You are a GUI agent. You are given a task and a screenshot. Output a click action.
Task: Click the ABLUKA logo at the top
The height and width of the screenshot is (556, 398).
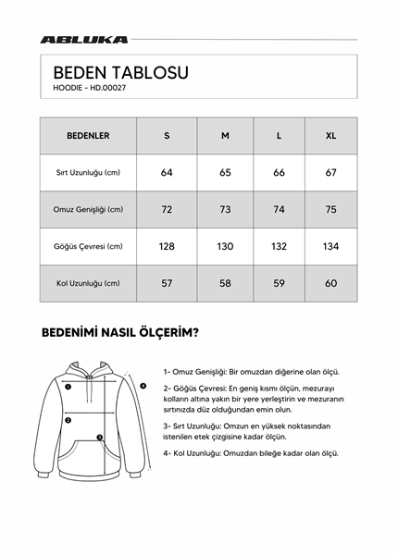(84, 40)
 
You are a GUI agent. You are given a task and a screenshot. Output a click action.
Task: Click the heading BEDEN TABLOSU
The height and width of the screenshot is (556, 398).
(120, 72)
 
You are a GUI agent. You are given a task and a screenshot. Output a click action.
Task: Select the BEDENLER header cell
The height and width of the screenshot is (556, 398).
(88, 136)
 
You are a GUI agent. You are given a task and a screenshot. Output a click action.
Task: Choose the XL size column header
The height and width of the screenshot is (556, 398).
(331, 136)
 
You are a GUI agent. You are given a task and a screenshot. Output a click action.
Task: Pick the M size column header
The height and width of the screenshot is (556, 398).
(224, 136)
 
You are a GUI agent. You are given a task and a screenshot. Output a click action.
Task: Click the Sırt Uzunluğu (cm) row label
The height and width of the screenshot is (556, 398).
(88, 173)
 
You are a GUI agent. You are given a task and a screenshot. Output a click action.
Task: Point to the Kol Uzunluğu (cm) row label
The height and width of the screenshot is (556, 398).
(88, 283)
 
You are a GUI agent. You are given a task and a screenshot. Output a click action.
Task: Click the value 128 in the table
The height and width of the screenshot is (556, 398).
(167, 247)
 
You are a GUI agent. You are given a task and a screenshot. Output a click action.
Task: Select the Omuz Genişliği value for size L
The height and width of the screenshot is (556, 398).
(280, 210)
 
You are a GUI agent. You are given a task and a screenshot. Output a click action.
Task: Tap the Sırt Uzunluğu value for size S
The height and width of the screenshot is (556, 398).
(167, 173)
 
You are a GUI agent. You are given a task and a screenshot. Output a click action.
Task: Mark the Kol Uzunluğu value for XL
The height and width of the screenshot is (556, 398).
(331, 283)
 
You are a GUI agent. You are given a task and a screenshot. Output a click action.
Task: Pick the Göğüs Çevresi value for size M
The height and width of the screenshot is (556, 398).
(225, 247)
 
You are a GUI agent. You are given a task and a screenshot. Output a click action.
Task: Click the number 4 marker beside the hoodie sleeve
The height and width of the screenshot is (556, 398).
(143, 385)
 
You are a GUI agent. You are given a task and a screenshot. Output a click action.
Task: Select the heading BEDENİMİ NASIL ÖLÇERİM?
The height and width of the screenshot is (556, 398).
(120, 332)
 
